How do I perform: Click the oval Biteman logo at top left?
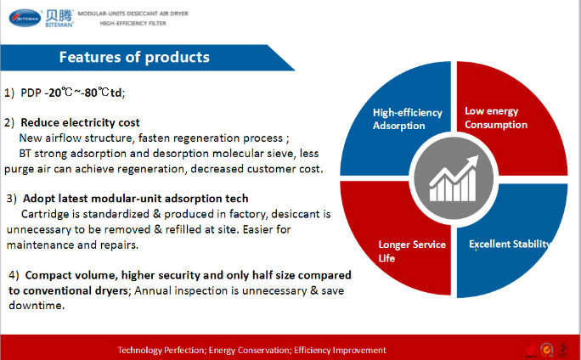coord(25,18)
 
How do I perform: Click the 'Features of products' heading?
coord(134,57)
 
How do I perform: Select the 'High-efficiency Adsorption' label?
coord(407,119)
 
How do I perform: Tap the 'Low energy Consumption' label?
coord(496,118)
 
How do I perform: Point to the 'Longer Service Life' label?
coord(412,251)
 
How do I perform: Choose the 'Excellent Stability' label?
coord(509,244)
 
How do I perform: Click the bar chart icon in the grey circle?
coord(454,178)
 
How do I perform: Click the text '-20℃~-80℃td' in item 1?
coord(83,93)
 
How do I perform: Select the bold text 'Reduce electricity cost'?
coord(80,122)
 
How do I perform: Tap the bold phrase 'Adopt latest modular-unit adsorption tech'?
coord(136,199)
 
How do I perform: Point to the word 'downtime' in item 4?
coord(36,306)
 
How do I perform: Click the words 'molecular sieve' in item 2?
coord(254,154)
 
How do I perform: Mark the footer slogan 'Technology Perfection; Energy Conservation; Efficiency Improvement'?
coord(252,350)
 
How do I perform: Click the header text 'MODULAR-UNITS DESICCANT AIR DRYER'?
coord(133,14)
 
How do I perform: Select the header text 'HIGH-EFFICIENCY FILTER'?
coord(133,23)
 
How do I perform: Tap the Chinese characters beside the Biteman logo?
coord(59,15)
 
